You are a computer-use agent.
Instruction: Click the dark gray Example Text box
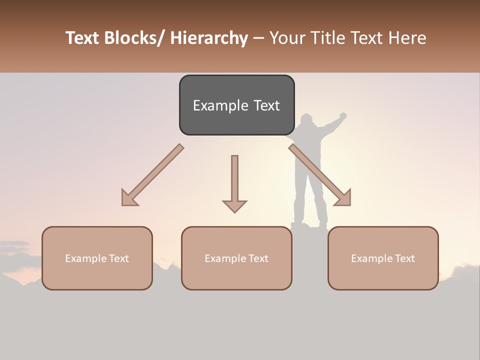[236, 105]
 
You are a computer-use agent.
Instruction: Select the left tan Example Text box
[97, 258]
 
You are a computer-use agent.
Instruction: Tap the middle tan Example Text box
[236, 258]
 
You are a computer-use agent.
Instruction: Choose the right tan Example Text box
[383, 258]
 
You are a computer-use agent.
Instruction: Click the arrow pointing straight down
[234, 183]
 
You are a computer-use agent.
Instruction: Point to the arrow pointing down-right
[320, 174]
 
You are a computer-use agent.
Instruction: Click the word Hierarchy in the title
[209, 38]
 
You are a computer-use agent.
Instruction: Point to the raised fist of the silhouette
[342, 115]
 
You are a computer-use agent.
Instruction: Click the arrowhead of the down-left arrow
[129, 198]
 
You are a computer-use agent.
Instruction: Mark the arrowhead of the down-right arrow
[344, 198]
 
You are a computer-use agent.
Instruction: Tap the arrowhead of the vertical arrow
[234, 205]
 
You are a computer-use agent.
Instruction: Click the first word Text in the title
[83, 38]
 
